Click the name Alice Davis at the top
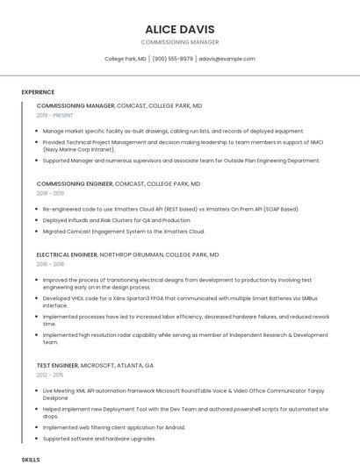point(180,29)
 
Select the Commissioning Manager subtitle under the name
point(180,42)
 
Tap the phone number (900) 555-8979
point(172,59)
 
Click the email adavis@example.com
point(227,59)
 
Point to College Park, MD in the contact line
point(126,59)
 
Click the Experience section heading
point(38,92)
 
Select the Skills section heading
point(31,459)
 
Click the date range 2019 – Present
point(55,115)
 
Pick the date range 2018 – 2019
point(50,193)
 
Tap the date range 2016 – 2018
point(50,263)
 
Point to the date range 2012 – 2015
point(50,374)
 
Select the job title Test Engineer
point(57,365)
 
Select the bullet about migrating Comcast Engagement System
point(123,232)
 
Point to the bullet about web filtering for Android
point(113,427)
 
